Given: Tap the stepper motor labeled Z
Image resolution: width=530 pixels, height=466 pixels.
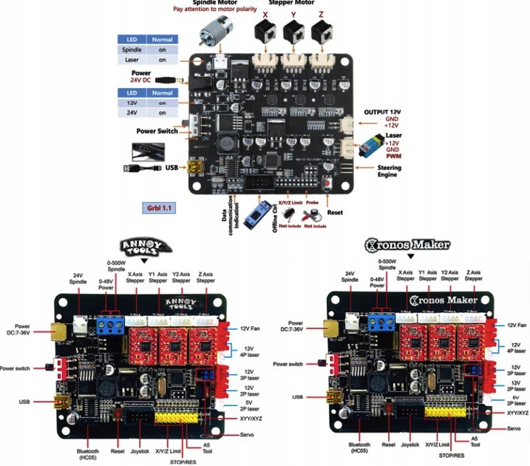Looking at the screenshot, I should coord(322,32).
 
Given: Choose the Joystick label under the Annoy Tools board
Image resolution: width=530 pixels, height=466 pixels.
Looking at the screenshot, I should coord(140,449).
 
